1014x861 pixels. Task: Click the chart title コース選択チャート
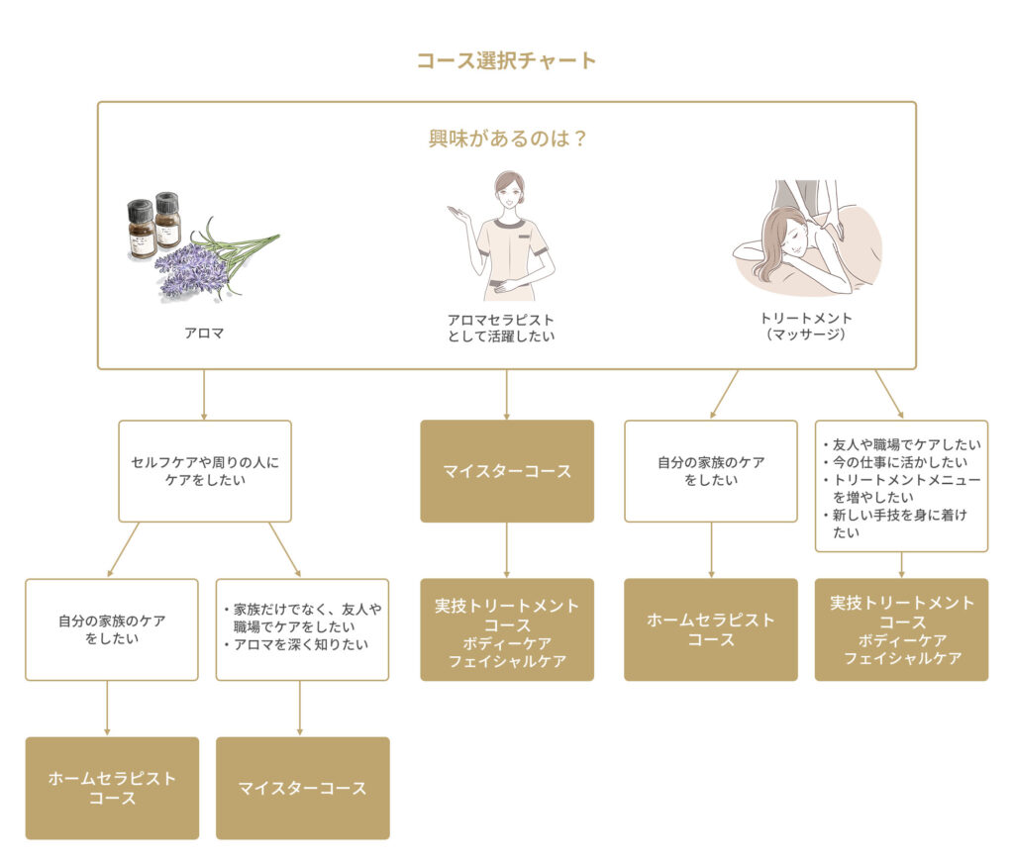click(506, 60)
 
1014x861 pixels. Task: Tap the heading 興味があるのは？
click(506, 139)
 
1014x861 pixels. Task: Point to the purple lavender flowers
click(192, 268)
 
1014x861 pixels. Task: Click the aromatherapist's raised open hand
click(457, 213)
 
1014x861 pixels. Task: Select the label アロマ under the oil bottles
click(204, 334)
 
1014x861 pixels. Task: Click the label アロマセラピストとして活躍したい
click(501, 328)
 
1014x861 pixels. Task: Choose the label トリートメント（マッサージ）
click(805, 327)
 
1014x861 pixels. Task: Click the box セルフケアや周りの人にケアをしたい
click(204, 470)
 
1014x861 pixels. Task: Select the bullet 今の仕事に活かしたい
click(900, 462)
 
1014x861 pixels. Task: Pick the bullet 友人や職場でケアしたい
click(900, 443)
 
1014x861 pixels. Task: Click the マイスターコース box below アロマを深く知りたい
click(302, 788)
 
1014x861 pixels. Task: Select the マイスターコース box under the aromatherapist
click(506, 471)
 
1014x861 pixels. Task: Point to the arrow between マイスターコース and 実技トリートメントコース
click(506, 550)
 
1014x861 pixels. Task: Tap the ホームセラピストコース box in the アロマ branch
click(112, 788)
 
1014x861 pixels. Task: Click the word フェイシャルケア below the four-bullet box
click(902, 658)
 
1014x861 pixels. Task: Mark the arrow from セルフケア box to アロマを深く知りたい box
click(285, 550)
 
